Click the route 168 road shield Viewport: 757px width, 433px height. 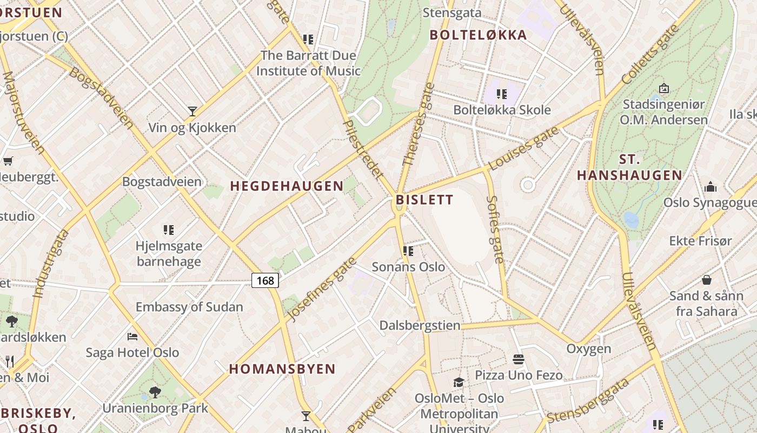click(x=265, y=280)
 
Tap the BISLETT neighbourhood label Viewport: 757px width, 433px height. click(x=424, y=200)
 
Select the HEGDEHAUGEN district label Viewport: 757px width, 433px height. click(x=287, y=186)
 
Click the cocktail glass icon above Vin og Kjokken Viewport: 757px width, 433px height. click(x=192, y=111)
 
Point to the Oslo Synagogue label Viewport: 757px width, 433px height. click(x=709, y=202)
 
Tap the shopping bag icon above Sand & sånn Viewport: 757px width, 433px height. click(x=706, y=280)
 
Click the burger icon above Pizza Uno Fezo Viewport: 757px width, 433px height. click(x=518, y=359)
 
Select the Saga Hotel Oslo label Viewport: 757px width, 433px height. click(x=132, y=352)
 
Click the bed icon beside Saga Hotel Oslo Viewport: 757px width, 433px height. click(x=132, y=337)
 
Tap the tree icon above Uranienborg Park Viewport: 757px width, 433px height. click(x=155, y=392)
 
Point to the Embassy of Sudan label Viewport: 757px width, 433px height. click(x=189, y=307)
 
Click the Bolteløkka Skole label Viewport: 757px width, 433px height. click(x=502, y=110)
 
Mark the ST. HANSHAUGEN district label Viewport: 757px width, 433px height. click(x=629, y=167)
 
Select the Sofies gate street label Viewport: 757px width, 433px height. click(x=495, y=229)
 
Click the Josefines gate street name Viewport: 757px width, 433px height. click(x=322, y=288)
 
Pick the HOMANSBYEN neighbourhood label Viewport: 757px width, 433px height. click(x=282, y=369)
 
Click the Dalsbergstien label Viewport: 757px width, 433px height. click(x=420, y=325)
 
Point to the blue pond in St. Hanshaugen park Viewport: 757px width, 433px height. click(x=630, y=220)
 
